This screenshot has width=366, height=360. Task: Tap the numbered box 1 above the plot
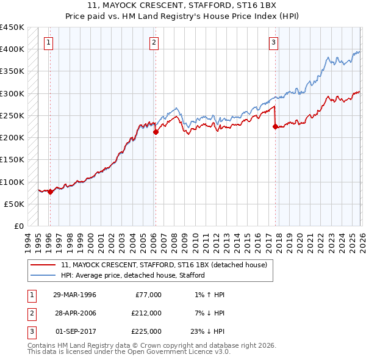[48, 42]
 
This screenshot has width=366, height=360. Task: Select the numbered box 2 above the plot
[154, 42]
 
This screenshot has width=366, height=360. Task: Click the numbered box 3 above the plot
[274, 42]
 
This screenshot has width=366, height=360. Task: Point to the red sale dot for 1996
[50, 192]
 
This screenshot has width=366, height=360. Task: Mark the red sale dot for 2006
[156, 132]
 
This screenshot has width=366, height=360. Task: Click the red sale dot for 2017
[275, 126]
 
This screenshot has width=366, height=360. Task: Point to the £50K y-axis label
[15, 204]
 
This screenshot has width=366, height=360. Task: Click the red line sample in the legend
[43, 265]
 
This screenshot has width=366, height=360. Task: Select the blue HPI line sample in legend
[43, 275]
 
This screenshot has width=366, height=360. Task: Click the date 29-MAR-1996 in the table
[75, 295]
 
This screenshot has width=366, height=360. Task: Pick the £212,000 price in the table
[146, 313]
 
